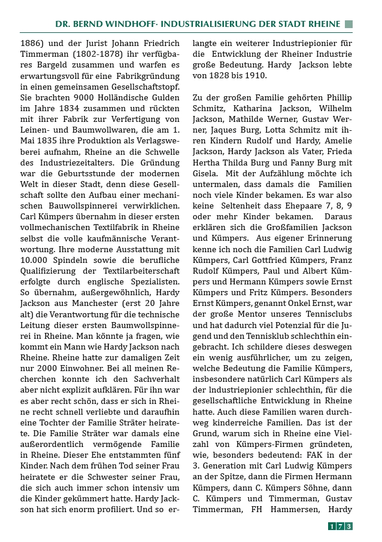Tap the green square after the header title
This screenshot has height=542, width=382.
348,24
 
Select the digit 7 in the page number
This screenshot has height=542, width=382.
340,526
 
